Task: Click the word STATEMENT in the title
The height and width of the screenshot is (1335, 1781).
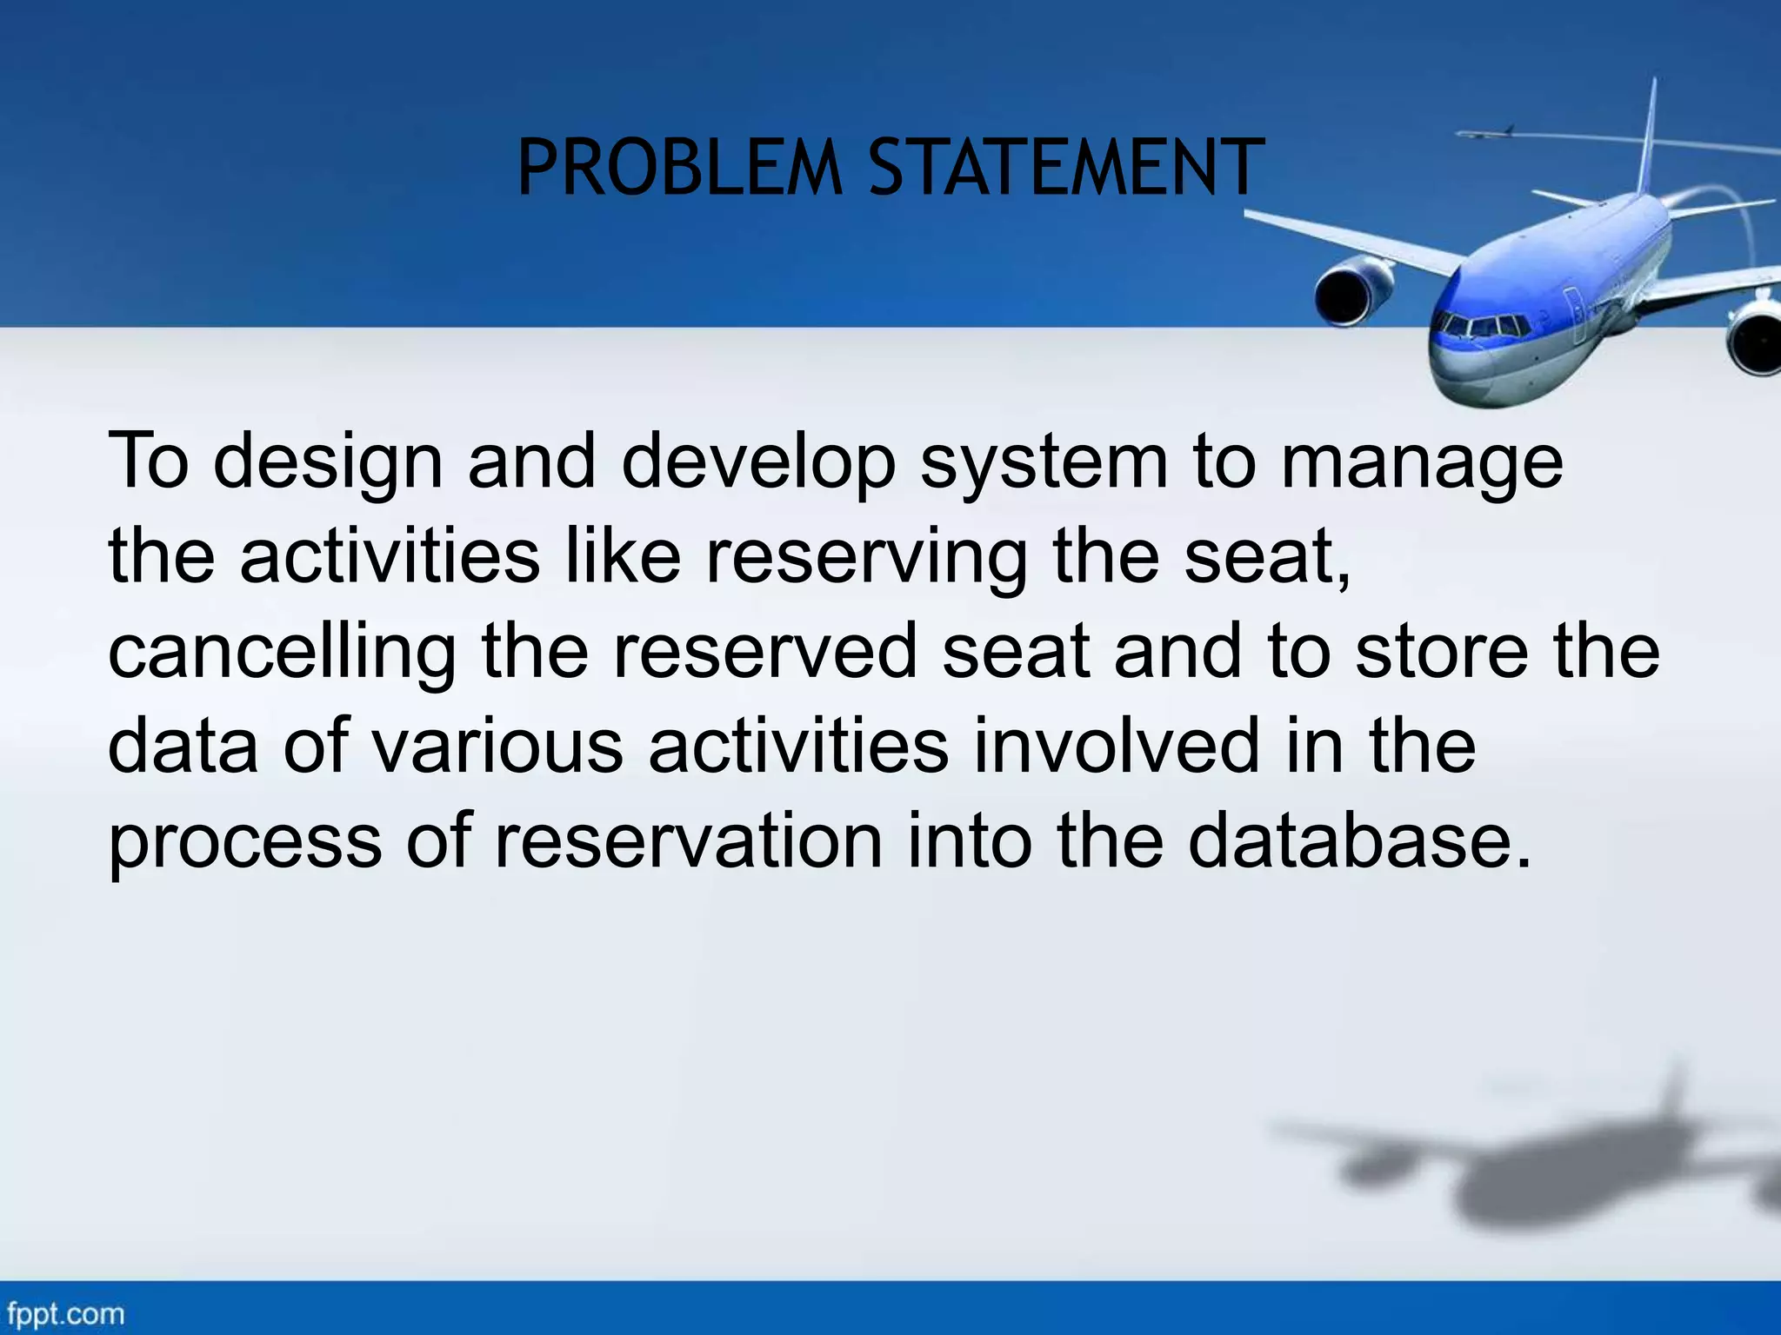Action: [x=1066, y=169]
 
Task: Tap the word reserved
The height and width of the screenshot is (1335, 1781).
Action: [x=765, y=652]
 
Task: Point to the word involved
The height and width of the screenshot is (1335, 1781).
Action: [x=1116, y=747]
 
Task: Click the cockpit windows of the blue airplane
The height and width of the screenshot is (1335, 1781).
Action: [x=1480, y=328]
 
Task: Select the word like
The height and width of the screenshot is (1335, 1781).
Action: [x=623, y=557]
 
